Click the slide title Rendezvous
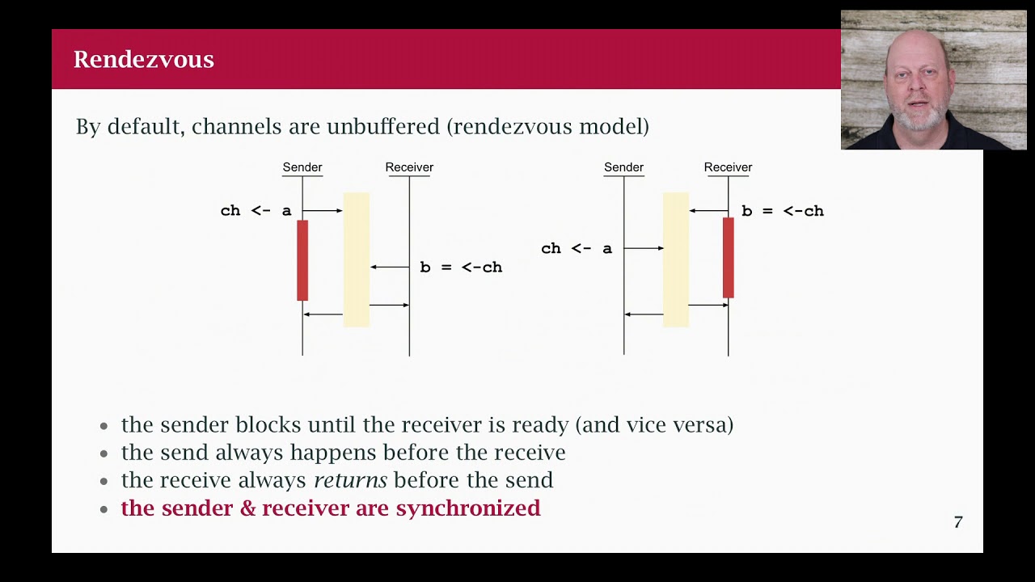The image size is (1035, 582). [x=143, y=60]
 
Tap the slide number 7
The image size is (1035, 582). [x=958, y=522]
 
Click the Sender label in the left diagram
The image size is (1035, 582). [x=302, y=167]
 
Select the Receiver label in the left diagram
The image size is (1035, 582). [x=409, y=167]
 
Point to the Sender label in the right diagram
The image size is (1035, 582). [x=623, y=167]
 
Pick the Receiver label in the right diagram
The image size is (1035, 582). [x=728, y=167]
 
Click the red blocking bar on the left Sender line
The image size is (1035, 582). [x=302, y=260]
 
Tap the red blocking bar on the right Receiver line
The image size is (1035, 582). [x=728, y=258]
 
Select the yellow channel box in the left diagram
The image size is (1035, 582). [x=357, y=259]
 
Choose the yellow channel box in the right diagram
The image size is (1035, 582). [x=676, y=259]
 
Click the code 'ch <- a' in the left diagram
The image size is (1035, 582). [x=256, y=211]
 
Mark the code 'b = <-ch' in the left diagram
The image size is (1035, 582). [x=461, y=268]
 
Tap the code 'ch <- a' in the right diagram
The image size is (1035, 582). [x=577, y=249]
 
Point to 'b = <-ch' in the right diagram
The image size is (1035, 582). [x=783, y=211]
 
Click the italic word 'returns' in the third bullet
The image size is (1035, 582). [x=350, y=480]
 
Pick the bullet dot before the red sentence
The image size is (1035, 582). [x=103, y=509]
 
